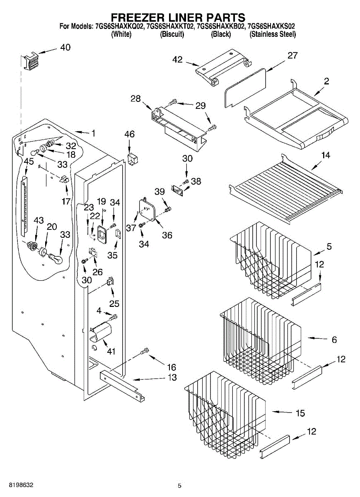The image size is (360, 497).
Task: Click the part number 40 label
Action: coord(65,47)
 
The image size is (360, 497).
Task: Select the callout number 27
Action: coord(292,55)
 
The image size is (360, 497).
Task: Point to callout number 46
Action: coord(130,134)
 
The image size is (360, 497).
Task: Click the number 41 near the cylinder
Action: coord(111,352)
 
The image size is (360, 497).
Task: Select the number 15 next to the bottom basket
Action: coord(300,413)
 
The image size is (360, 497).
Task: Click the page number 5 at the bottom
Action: coord(179,486)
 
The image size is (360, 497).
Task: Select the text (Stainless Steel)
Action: coord(273,35)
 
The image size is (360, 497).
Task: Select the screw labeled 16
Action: coord(145,351)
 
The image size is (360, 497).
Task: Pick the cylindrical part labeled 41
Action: coord(101,332)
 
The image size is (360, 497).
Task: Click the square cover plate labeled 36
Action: coord(147,209)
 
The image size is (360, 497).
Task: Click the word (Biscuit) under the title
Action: coord(172,35)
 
